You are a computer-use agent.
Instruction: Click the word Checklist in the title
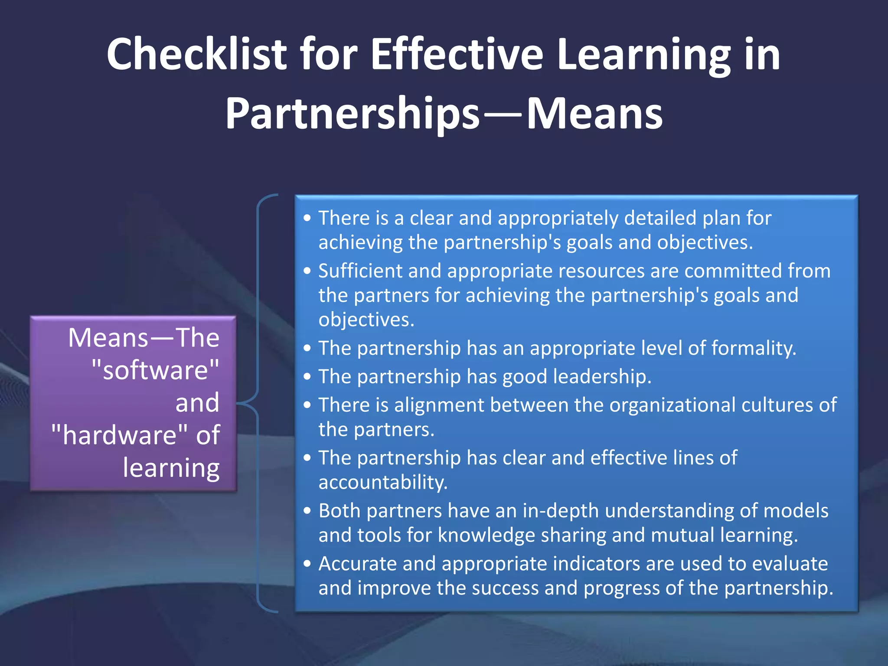[196, 54]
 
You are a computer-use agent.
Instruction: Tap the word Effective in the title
[457, 54]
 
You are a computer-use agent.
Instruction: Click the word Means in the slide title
[594, 114]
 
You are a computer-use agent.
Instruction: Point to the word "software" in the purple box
[155, 370]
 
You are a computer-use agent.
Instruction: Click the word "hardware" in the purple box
[120, 435]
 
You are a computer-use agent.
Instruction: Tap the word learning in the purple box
[171, 468]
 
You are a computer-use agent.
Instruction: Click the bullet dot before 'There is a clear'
[307, 218]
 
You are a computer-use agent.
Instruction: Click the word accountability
[382, 482]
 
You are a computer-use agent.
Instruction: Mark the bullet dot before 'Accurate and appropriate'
[307, 564]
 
